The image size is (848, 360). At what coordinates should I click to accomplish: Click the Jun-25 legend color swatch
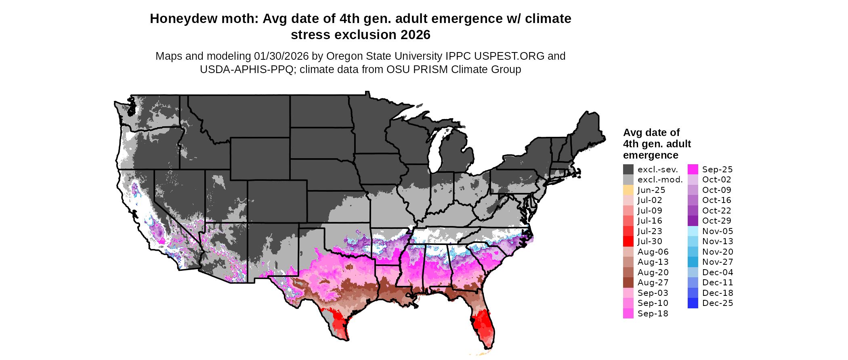click(628, 190)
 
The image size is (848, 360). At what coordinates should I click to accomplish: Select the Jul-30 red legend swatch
click(628, 241)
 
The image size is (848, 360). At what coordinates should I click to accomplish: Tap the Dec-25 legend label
click(718, 303)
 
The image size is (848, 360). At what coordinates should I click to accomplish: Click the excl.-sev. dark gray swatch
click(628, 170)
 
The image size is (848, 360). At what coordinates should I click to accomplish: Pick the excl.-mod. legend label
click(660, 180)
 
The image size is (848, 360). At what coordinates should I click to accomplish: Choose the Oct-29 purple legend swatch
click(693, 221)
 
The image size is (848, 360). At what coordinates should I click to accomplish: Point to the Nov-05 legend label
click(718, 231)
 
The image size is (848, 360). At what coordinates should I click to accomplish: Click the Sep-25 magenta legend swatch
click(693, 170)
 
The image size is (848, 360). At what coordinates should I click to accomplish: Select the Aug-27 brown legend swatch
click(628, 283)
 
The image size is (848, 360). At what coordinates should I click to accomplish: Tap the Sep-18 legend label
click(653, 314)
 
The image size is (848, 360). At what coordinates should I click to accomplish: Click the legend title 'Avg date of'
click(651, 133)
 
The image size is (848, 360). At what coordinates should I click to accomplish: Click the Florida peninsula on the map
click(483, 323)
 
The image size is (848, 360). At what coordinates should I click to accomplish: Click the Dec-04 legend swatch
click(693, 272)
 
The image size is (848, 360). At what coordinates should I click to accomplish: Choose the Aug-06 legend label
click(653, 252)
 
